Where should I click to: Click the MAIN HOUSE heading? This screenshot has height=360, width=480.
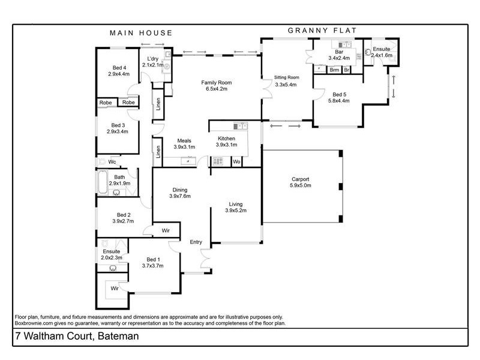pyautogui.click(x=140, y=33)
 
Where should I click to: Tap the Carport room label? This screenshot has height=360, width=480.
pyautogui.click(x=301, y=179)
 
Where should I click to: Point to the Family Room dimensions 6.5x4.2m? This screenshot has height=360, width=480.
pyautogui.click(x=216, y=89)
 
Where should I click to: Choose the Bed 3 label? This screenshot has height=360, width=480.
pyautogui.click(x=118, y=124)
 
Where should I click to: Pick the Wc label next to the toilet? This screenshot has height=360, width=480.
pyautogui.click(x=112, y=161)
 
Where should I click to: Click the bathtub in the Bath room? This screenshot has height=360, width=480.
pyautogui.click(x=103, y=182)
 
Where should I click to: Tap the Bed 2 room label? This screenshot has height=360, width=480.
pyautogui.click(x=124, y=214)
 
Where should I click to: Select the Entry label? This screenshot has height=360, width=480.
pyautogui.click(x=196, y=242)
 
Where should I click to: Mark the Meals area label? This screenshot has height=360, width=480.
pyautogui.click(x=184, y=140)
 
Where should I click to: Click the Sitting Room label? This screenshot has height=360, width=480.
pyautogui.click(x=286, y=77)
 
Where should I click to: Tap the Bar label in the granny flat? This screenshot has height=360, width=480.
pyautogui.click(x=339, y=52)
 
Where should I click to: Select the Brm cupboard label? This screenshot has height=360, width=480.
pyautogui.click(x=334, y=70)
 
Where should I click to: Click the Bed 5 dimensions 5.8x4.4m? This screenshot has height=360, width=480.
pyautogui.click(x=339, y=101)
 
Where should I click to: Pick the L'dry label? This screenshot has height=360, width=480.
pyautogui.click(x=152, y=58)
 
